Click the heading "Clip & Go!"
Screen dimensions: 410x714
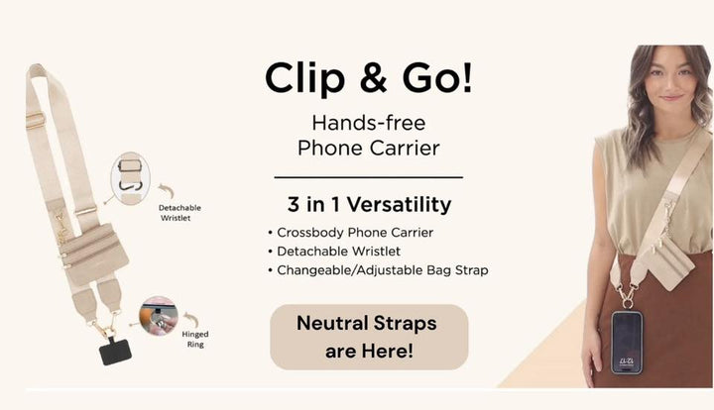click(x=368, y=78)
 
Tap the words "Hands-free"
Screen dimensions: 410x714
click(x=368, y=124)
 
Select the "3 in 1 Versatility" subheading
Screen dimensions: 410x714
click(x=368, y=205)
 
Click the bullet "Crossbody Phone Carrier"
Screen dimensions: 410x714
click(x=350, y=233)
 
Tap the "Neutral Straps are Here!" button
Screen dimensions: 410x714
click(x=368, y=337)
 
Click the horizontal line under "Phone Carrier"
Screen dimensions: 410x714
click(x=368, y=177)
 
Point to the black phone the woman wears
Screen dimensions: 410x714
click(x=625, y=341)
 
